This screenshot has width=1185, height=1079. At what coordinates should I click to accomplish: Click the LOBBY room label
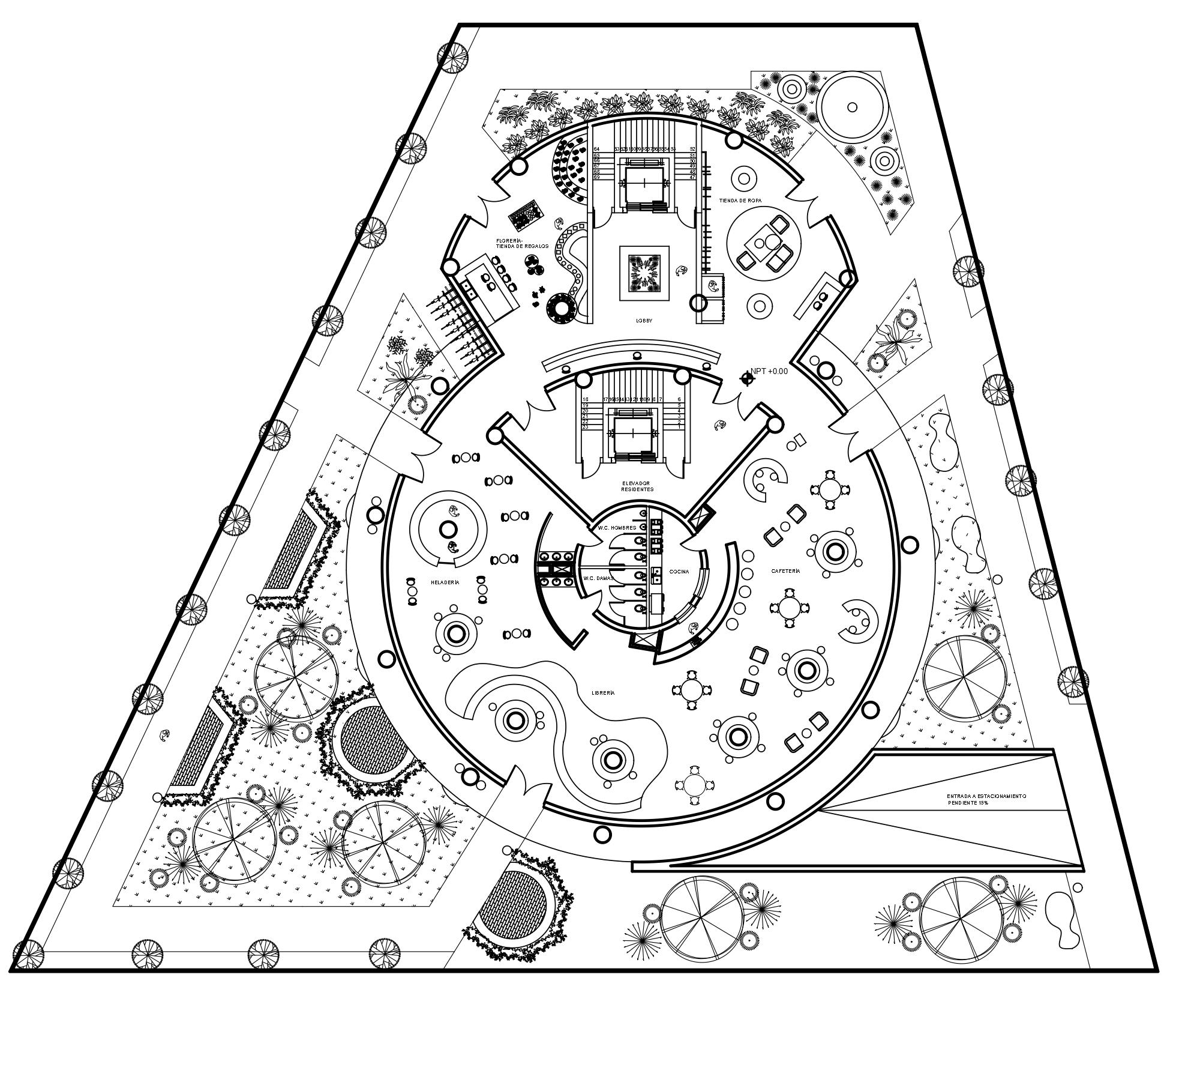[x=644, y=321]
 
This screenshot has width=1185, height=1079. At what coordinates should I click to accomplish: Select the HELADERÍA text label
[x=445, y=582]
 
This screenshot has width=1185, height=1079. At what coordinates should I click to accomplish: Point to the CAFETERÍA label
[x=785, y=571]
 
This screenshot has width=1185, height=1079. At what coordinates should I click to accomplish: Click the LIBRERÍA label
[x=603, y=693]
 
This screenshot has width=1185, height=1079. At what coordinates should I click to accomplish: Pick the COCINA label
[x=679, y=572]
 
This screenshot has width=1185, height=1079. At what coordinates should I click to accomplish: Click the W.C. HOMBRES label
[x=617, y=528]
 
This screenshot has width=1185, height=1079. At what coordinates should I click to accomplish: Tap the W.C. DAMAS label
[x=597, y=578]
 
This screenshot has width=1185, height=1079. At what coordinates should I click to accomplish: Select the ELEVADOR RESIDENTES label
[x=637, y=486]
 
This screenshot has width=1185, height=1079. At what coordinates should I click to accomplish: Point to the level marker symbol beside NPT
[x=747, y=378]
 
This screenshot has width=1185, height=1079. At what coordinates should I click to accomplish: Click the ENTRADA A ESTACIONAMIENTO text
[x=986, y=796]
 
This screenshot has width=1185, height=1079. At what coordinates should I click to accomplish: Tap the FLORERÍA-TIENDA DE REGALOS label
[x=522, y=243]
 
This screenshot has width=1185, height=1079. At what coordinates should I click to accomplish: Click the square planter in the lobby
[x=644, y=273]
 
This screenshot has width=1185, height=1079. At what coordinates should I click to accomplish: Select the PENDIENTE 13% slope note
[x=968, y=803]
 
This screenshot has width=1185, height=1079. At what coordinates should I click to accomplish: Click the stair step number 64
[x=596, y=149]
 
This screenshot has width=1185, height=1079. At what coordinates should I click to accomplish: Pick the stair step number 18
[x=585, y=399]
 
